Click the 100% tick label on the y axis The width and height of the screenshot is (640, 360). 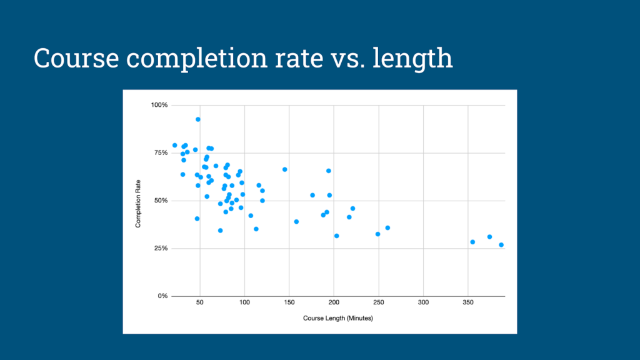coord(159,105)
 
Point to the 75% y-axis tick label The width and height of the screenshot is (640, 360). coord(161,153)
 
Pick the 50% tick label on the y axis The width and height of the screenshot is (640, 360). coord(161,201)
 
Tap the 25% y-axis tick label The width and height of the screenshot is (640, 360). coord(161,248)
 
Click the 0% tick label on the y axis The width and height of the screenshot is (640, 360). coord(162,296)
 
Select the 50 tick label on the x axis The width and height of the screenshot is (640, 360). coord(200,302)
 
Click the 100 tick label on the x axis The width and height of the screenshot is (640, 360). coord(244,302)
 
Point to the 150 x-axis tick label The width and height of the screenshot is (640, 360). coord(289,302)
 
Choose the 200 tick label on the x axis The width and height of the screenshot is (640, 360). coord(334,302)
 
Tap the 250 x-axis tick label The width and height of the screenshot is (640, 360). coord(379,302)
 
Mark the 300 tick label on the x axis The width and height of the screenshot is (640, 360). coord(423,302)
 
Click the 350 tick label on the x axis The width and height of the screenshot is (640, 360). coord(468,302)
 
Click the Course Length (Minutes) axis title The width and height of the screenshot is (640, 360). coord(337,318)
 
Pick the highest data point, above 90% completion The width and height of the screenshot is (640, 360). coord(198,119)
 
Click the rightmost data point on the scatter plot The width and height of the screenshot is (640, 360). coord(501,245)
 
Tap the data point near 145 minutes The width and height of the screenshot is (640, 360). coord(285,169)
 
